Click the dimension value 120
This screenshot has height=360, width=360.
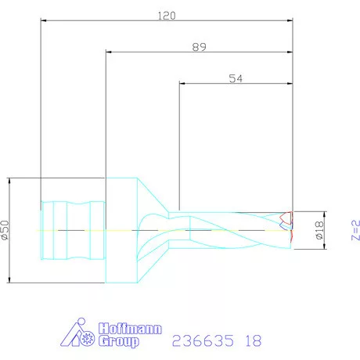click(166, 15)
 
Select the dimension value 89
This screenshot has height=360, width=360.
click(198, 48)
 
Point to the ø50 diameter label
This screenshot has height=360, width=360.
click(6, 229)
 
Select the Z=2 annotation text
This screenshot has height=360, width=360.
click(355, 231)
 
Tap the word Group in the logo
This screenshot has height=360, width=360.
click(119, 341)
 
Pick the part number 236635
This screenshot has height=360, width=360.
click(198, 340)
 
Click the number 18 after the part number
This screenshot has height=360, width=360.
click(252, 340)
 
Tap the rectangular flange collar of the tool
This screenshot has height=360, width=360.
click(121, 229)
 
